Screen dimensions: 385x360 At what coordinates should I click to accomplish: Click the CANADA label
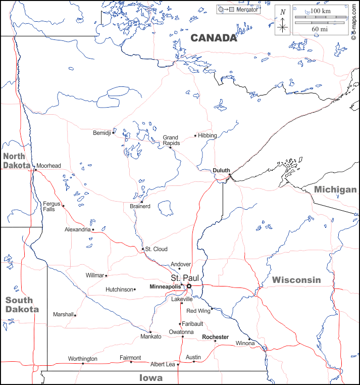214,38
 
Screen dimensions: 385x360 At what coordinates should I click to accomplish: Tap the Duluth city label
221,170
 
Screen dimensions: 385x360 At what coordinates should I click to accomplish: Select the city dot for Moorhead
35,170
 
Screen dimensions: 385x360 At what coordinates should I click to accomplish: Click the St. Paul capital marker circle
189,286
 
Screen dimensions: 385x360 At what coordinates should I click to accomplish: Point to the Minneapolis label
165,287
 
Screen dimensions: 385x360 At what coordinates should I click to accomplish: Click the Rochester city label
215,337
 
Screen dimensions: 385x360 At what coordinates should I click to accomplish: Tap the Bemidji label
101,133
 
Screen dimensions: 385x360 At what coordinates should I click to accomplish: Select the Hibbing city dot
195,135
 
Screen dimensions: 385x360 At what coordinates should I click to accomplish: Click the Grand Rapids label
170,140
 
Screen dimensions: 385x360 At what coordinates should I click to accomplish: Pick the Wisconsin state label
296,280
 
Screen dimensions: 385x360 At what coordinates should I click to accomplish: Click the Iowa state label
151,378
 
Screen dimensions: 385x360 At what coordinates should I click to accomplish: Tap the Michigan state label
335,189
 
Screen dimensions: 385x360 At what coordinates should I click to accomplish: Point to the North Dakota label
17,160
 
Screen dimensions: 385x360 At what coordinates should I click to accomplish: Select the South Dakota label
22,304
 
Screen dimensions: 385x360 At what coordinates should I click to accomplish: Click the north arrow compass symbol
283,22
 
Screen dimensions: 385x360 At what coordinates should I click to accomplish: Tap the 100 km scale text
320,11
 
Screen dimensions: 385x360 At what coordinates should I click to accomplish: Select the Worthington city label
82,359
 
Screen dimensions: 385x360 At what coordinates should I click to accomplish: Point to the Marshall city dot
75,315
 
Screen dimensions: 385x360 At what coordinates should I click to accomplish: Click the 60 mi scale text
320,29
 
